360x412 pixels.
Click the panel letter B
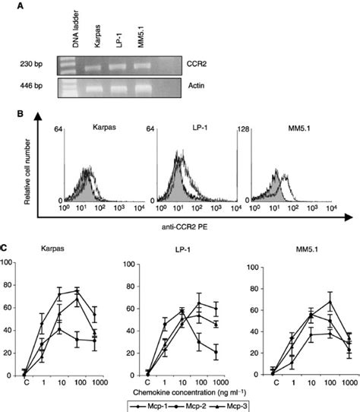pos(6,119)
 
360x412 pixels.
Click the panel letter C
pos(6,248)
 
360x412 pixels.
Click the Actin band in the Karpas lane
pos(96,88)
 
